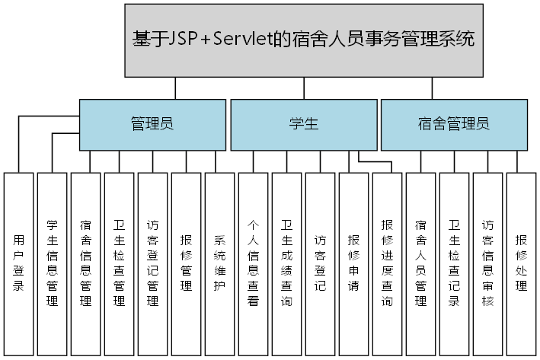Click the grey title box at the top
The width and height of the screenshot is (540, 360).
(304, 40)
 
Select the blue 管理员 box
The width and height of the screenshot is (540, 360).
(152, 124)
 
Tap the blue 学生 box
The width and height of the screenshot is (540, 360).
(303, 124)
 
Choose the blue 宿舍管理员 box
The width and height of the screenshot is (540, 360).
(454, 124)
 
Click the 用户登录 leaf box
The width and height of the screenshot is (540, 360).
(19, 263)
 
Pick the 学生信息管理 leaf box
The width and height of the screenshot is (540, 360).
(53, 263)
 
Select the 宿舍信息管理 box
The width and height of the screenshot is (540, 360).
(86, 263)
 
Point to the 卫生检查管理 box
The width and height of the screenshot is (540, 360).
(120, 263)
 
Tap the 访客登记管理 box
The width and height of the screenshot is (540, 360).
(153, 263)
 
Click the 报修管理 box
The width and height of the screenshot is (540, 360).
(187, 263)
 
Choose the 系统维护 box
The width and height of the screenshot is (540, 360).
(220, 263)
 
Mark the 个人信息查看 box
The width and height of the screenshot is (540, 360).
(254, 263)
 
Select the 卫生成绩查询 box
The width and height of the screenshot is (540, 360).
(287, 263)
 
